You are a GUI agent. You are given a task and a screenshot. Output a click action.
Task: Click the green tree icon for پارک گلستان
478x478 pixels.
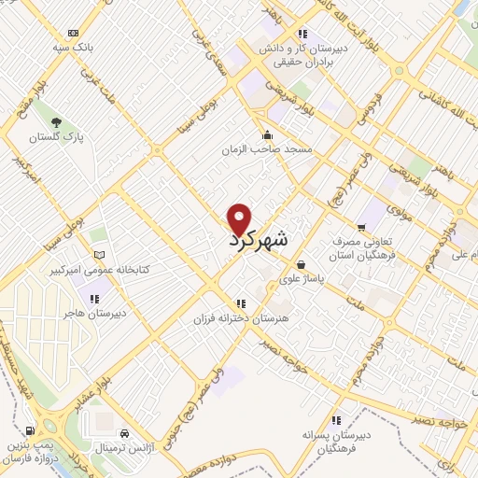57,122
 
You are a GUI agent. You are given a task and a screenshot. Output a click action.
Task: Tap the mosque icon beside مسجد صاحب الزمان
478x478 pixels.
268,134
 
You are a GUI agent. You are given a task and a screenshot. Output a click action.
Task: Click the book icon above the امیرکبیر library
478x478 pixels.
98,254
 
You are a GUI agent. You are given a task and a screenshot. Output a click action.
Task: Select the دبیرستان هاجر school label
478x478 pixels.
93,315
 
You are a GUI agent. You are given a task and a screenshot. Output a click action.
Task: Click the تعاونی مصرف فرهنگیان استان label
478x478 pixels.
364,247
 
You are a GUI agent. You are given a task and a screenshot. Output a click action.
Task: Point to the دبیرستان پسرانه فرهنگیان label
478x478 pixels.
335,442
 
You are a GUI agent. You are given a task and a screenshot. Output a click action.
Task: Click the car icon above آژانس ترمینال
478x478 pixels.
124,434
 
